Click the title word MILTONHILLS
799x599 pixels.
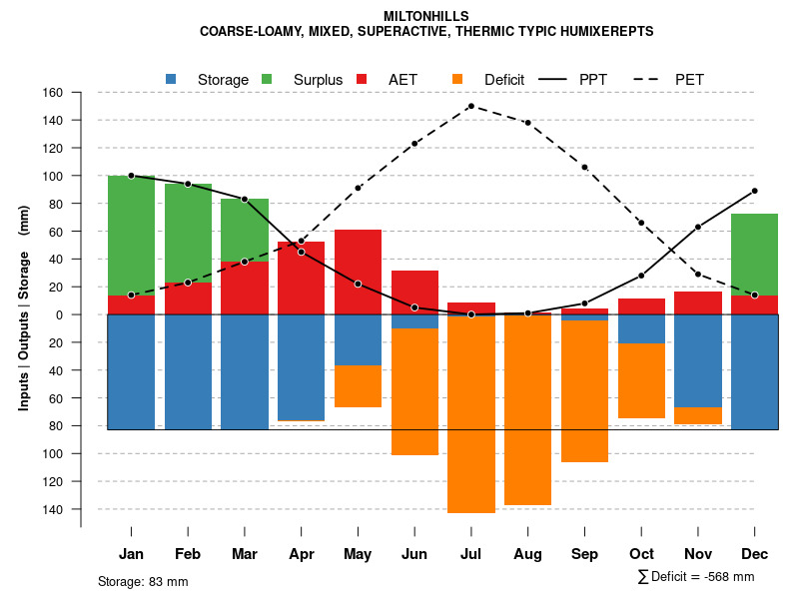coord(425,16)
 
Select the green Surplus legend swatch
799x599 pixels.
coord(268,79)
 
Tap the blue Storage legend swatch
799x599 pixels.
coord(172,79)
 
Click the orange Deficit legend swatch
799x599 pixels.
coord(457,79)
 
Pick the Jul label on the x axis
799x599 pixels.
coord(471,554)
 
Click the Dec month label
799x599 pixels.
coord(754,554)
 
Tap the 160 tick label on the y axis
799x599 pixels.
coord(52,93)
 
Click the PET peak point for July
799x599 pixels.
coord(470,106)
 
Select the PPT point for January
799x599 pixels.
coord(131,176)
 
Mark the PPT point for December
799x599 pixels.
coord(754,191)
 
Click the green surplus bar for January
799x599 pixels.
coord(131,235)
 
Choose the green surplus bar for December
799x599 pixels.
coord(754,254)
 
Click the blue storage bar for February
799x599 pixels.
coord(188,371)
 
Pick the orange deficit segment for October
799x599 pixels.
coord(641,380)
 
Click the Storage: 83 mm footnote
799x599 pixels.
coord(143,581)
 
